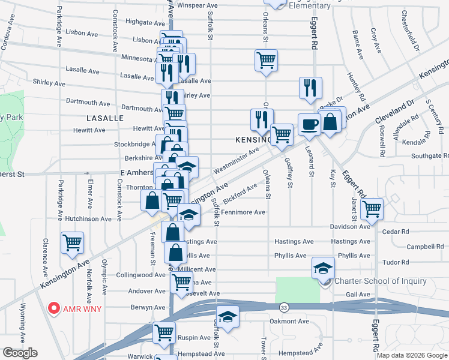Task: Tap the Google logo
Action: [x=20, y=353]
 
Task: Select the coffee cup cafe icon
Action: [x=309, y=124]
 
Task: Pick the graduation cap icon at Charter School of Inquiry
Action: [x=323, y=268]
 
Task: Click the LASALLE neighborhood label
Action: [x=104, y=118]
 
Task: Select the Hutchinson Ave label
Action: [x=88, y=219]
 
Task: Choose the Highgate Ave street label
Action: [x=141, y=22]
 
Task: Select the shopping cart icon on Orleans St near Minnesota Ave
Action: [x=265, y=59]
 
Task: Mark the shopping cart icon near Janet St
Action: [x=372, y=208]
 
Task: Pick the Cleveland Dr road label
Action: [x=395, y=111]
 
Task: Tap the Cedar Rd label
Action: [x=396, y=231]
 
